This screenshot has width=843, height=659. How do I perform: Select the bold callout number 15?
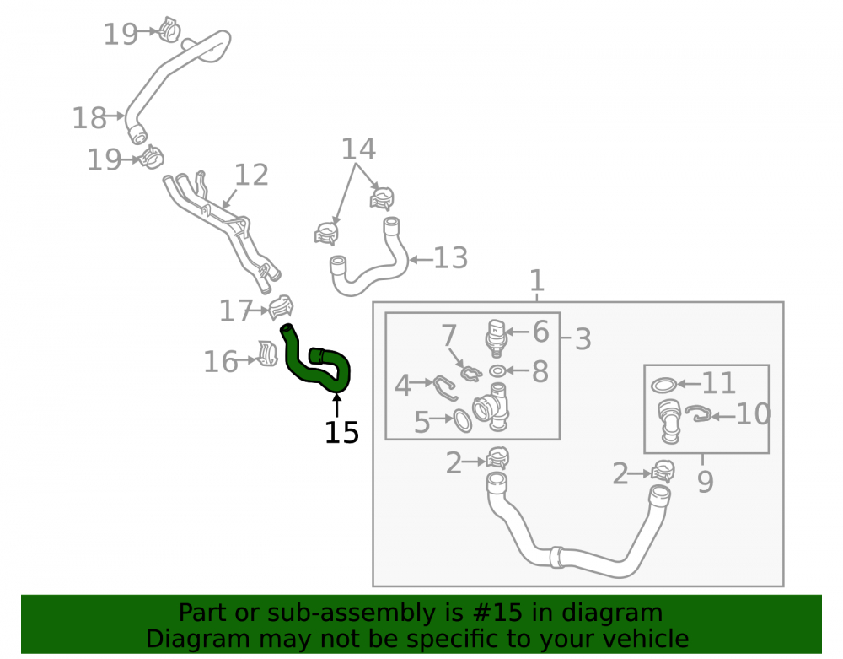341,433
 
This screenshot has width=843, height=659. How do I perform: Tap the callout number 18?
89,118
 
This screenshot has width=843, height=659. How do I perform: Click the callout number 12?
251,175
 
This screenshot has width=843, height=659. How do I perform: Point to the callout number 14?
358,149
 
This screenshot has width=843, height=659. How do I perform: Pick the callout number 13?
450,258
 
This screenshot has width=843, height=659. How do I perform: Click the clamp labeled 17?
281,307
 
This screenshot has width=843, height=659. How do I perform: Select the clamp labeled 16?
267,353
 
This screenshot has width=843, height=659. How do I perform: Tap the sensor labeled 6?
497,338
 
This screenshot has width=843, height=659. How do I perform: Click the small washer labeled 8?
498,370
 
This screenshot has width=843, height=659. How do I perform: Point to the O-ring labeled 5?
462,420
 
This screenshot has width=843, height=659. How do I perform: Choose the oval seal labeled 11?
664,385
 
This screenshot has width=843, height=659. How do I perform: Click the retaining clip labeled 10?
701,414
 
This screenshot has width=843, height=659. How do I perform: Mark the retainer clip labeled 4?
445,388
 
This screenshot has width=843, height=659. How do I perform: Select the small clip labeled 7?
470,373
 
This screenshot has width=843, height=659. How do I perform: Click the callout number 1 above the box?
537,281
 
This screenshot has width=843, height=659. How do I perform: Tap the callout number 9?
706,482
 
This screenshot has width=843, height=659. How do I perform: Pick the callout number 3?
583,339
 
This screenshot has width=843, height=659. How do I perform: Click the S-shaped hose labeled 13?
367,262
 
